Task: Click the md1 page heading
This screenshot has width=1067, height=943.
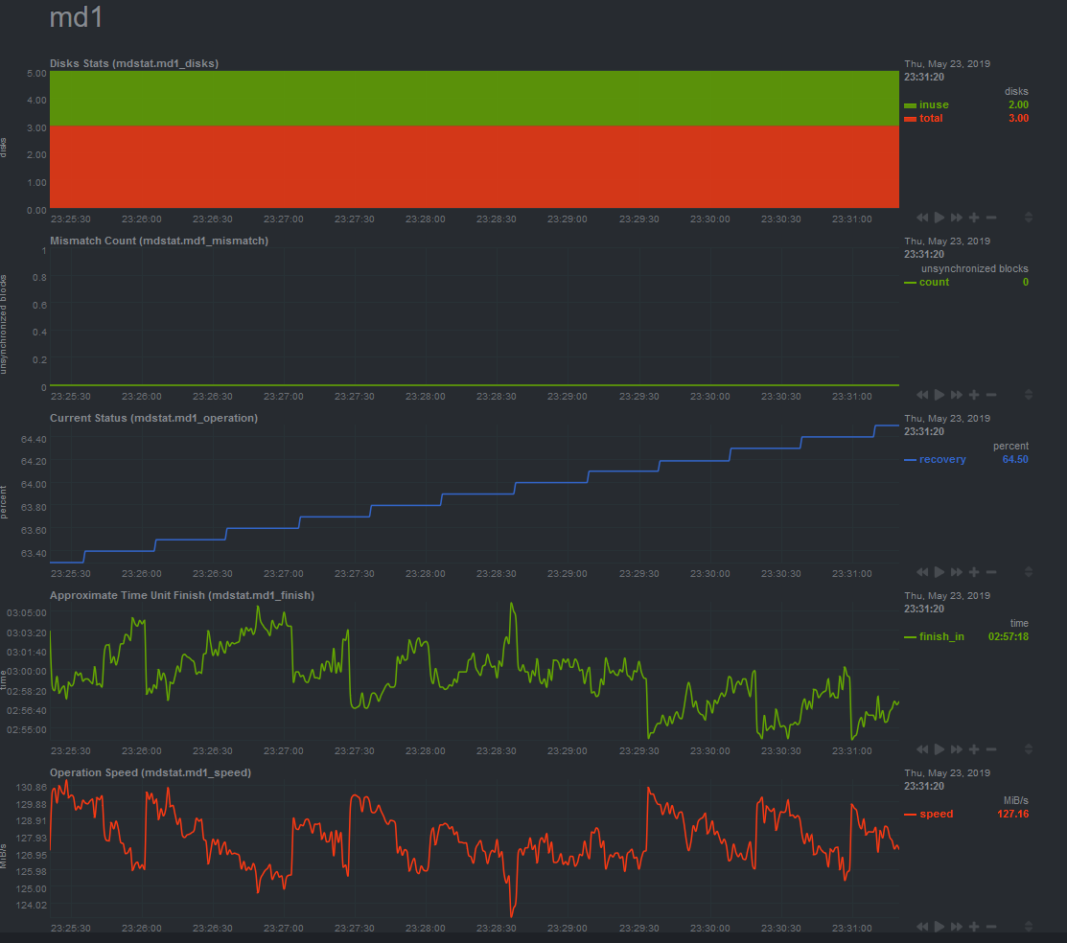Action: [x=77, y=18]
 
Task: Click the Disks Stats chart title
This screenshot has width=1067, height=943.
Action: [x=134, y=63]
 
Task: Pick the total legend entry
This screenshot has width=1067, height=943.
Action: [x=931, y=118]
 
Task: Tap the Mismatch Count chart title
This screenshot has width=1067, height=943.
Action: [x=159, y=241]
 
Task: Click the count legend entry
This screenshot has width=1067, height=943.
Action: [x=934, y=282]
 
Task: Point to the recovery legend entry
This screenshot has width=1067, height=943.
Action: [x=942, y=459]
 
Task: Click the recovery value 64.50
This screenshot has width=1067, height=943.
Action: [x=1015, y=459]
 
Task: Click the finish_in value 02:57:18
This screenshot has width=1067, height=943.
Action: [x=1009, y=636]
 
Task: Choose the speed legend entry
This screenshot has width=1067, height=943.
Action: [x=936, y=814]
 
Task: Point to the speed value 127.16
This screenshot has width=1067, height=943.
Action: [x=1013, y=814]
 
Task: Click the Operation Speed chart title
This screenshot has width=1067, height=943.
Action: [x=151, y=772]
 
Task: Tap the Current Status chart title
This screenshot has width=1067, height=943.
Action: [x=153, y=418]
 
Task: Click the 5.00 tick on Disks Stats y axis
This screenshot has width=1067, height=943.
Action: [x=36, y=73]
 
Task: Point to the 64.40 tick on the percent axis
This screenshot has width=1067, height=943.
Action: [x=33, y=439]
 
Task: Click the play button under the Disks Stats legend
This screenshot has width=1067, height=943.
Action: [x=939, y=218]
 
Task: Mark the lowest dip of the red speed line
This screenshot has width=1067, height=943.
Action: [x=512, y=916]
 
